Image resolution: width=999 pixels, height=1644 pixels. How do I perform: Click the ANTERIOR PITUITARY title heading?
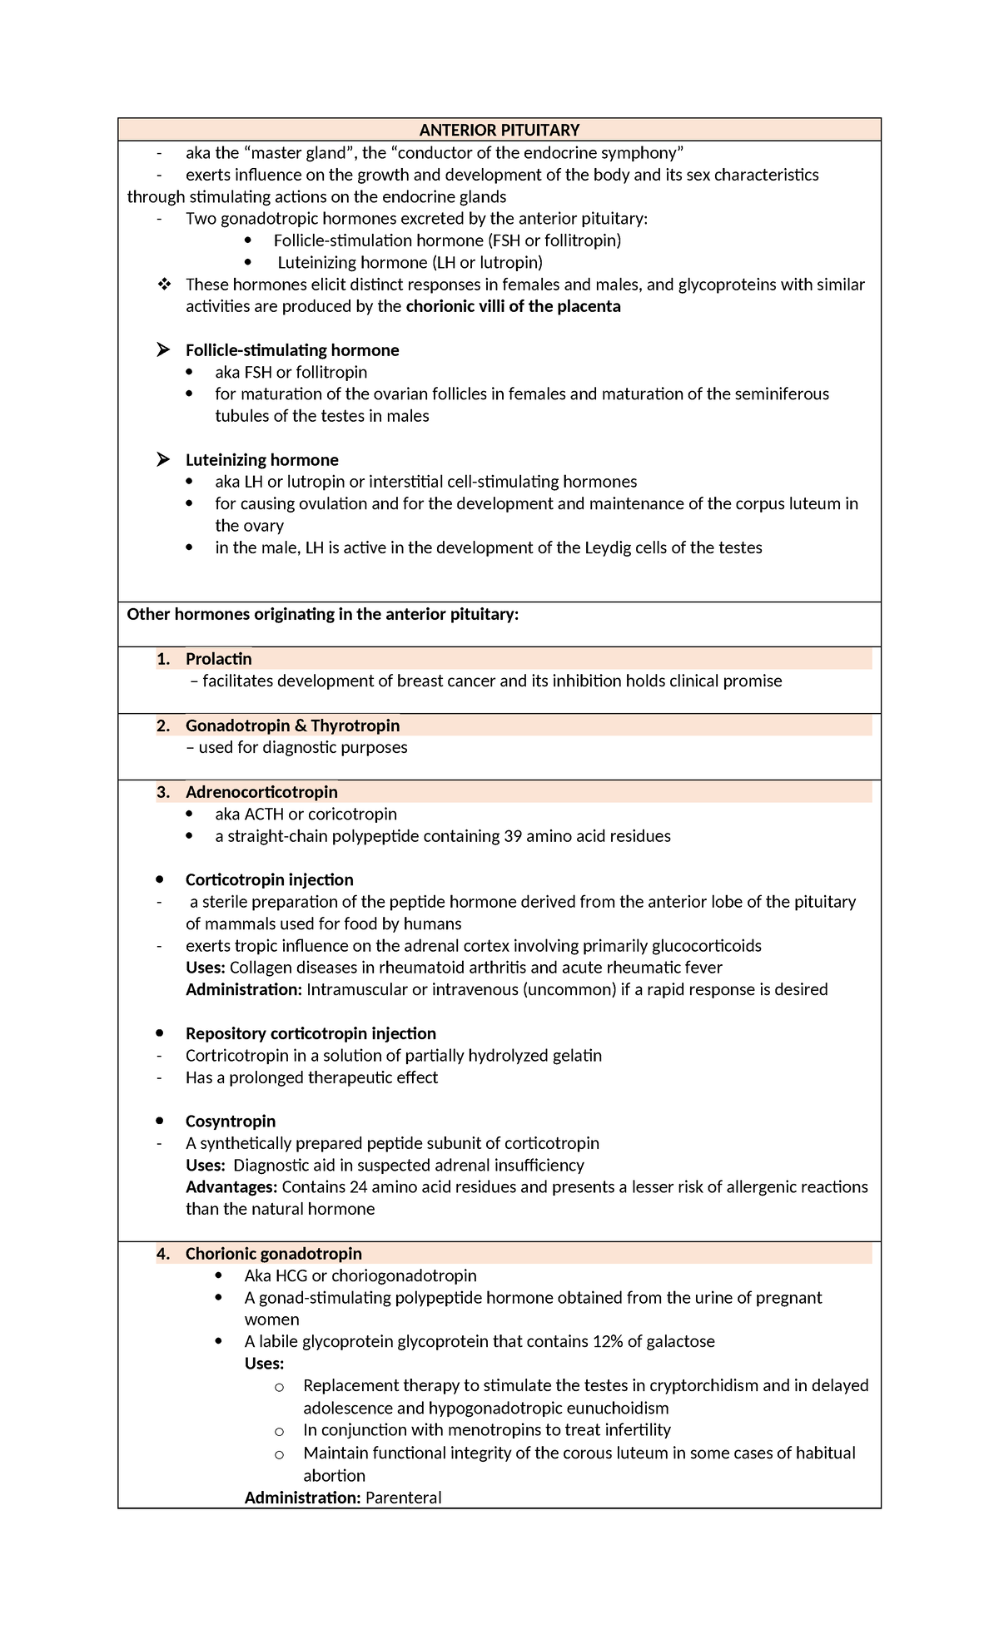tap(499, 130)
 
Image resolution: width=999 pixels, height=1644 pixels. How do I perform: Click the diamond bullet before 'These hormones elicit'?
tap(163, 285)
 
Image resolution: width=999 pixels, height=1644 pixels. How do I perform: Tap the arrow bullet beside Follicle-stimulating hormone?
tap(163, 350)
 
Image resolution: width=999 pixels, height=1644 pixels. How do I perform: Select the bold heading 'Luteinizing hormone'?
tap(261, 460)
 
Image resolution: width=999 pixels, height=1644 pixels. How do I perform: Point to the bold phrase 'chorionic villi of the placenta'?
tap(513, 306)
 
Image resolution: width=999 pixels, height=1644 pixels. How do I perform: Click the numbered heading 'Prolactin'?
tap(218, 659)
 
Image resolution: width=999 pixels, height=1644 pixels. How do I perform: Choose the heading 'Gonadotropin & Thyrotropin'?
tap(292, 725)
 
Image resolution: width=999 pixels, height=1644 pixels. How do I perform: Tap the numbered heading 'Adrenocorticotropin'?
tap(261, 792)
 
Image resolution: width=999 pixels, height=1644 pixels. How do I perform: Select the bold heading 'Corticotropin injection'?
tap(269, 880)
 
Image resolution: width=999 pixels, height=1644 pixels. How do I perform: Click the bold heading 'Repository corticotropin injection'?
tap(311, 1033)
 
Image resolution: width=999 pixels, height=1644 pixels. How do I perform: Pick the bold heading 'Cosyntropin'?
tap(230, 1122)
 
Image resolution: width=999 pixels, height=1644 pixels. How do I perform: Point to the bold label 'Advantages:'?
tap(231, 1187)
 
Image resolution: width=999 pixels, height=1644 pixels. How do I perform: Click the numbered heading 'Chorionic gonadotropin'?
tap(273, 1254)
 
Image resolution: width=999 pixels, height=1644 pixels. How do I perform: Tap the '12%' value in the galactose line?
tap(609, 1341)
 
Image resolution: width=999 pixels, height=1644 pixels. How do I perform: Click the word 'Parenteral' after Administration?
tap(404, 1498)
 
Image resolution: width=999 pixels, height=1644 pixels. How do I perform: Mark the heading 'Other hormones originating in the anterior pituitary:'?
tap(322, 614)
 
